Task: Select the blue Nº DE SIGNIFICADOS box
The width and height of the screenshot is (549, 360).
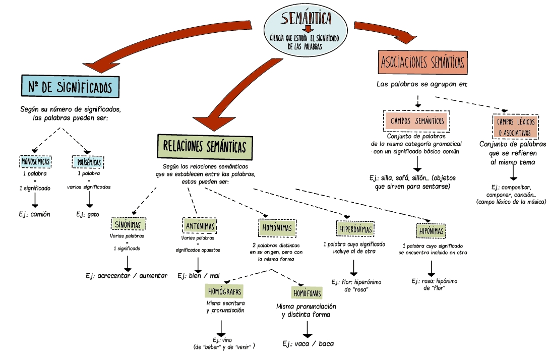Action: click(70, 86)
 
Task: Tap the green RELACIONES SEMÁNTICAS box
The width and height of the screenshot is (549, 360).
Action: click(205, 147)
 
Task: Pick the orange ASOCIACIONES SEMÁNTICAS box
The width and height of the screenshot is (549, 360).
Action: click(422, 63)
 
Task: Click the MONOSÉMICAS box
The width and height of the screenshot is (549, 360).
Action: click(38, 162)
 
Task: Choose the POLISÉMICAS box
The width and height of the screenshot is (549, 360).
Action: click(89, 162)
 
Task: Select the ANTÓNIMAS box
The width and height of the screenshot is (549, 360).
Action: click(200, 225)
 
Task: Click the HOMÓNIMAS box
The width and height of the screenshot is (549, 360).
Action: click(277, 228)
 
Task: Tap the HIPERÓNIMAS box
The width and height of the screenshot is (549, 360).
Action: click(355, 229)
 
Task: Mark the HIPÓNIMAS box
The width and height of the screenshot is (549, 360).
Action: click(431, 231)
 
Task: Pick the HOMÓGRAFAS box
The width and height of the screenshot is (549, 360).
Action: click(225, 291)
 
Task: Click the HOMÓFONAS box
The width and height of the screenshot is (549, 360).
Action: click(307, 292)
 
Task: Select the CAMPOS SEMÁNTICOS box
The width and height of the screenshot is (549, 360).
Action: click(417, 121)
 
